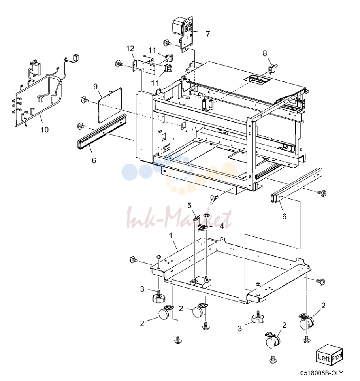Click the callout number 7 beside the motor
point(208,34)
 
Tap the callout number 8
point(265,53)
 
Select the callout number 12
point(130,49)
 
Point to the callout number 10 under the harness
point(44,130)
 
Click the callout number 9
point(95,87)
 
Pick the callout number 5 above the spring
point(189,206)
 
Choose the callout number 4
point(222,226)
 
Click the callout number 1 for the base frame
point(171,236)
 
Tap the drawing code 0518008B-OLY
point(322,373)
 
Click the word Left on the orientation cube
point(324,357)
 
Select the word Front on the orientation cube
point(337,356)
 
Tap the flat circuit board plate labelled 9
point(110,105)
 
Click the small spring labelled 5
point(197,217)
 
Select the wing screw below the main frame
point(215,198)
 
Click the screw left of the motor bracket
point(167,43)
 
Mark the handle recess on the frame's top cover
point(256,80)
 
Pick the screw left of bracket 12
point(119,64)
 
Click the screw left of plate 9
point(85,100)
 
